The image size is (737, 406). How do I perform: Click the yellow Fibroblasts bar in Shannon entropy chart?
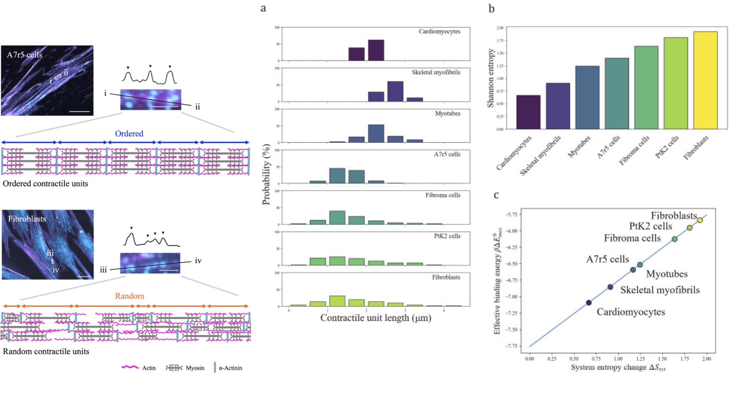(x=705, y=80)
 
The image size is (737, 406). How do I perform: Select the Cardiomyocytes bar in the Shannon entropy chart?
(x=528, y=112)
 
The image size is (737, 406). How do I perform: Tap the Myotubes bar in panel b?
(x=587, y=97)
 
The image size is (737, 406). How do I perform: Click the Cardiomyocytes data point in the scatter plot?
(x=589, y=303)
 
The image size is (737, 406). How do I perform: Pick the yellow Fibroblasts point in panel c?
(x=700, y=220)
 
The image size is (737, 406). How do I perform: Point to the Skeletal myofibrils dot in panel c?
(x=610, y=287)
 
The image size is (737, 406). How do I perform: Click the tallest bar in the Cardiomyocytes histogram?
(x=376, y=50)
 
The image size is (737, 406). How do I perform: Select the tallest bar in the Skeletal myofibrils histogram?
(x=395, y=91)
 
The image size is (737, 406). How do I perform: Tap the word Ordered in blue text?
(x=129, y=134)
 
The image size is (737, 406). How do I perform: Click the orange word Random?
(x=129, y=296)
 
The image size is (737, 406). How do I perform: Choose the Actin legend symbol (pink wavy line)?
(x=130, y=367)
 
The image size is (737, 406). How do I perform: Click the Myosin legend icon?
(x=174, y=368)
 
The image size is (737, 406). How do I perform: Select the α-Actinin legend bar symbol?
(x=215, y=367)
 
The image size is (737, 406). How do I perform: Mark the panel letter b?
(x=491, y=9)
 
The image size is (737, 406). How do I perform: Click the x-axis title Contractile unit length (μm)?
(x=375, y=318)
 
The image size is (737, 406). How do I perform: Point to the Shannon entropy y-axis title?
(x=491, y=78)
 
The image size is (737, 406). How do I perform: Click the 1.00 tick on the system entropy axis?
(x=618, y=359)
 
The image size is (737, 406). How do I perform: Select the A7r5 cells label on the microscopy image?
(x=24, y=55)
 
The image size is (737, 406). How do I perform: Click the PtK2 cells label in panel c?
(x=650, y=226)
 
